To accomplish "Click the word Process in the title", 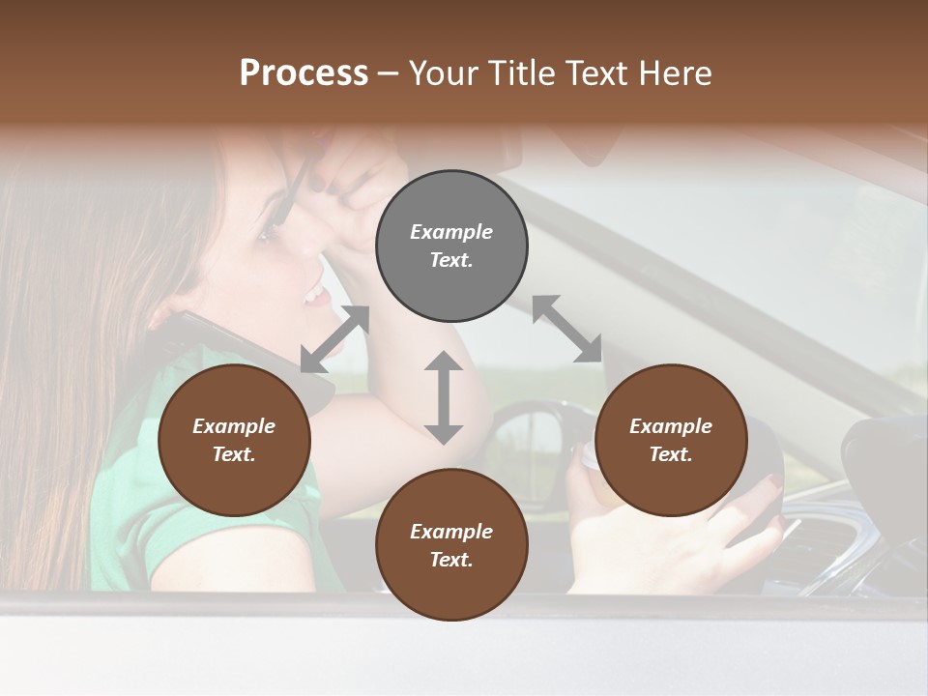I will point(304,73).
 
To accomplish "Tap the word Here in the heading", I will point(673,73).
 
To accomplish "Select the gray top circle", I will point(451,246).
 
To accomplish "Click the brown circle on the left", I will point(234,440).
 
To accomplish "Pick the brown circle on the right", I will point(671,440).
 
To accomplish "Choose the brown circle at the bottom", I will point(451,545).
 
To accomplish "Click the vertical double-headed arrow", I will point(444,397).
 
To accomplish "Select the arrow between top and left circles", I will point(334,338).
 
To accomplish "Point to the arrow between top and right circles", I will point(566,329).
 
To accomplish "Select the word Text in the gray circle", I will point(450,260).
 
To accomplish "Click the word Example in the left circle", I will point(234,426).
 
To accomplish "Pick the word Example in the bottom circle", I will point(451,532).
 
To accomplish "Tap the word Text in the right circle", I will point(671,454).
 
